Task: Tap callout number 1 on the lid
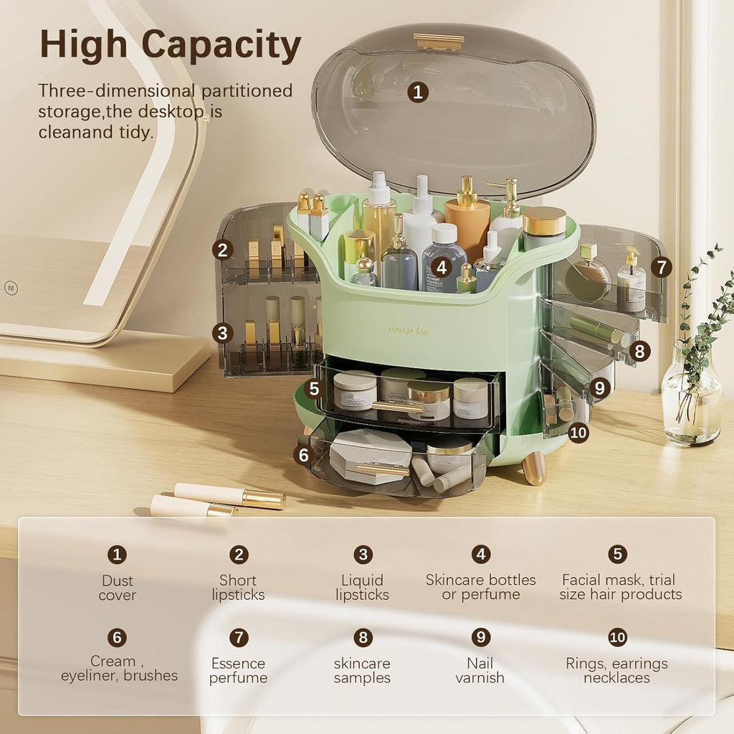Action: click(418, 92)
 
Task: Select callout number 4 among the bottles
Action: click(442, 268)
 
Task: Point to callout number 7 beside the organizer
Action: click(661, 268)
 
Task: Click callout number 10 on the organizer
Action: click(578, 432)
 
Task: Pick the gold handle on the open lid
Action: click(439, 42)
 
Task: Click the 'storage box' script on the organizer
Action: click(409, 329)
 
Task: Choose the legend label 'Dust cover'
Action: click(117, 588)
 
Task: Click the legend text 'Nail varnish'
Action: click(480, 670)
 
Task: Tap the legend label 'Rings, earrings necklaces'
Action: click(616, 670)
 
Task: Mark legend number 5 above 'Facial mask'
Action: click(617, 554)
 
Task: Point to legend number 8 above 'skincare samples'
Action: click(363, 637)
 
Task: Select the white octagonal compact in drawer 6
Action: click(369, 455)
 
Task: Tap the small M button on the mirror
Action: click(10, 287)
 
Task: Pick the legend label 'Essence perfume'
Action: click(238, 670)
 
